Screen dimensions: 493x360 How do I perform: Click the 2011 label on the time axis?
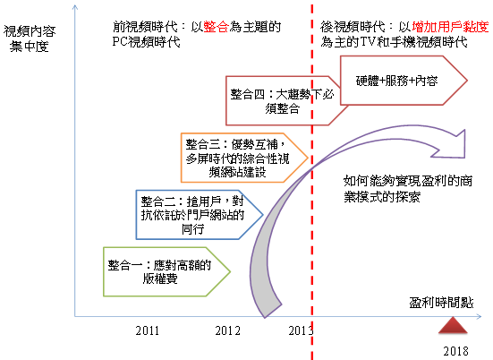(147, 330)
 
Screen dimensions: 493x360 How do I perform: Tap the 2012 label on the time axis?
(227, 330)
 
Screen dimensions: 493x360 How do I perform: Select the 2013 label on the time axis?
(301, 330)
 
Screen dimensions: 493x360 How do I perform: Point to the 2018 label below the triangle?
(456, 351)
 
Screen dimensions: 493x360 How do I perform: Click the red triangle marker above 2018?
(453, 325)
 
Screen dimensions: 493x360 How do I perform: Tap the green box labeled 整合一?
(167, 271)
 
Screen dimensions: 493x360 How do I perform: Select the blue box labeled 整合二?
(200, 215)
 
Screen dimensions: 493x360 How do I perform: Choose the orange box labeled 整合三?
(244, 158)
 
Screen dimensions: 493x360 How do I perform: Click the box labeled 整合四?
(283, 100)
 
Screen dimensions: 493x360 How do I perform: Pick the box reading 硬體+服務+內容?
(404, 81)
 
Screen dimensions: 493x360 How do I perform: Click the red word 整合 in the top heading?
(216, 27)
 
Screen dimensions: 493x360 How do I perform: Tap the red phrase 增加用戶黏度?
(450, 27)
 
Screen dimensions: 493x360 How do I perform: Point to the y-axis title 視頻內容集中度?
(30, 39)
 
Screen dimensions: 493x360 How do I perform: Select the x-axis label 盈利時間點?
(441, 303)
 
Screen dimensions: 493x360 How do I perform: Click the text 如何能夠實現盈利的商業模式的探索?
(408, 189)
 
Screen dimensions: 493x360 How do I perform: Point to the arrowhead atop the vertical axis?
(75, 7)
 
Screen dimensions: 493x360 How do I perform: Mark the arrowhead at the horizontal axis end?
(479, 316)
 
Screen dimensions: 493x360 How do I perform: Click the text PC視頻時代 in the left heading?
(146, 42)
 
